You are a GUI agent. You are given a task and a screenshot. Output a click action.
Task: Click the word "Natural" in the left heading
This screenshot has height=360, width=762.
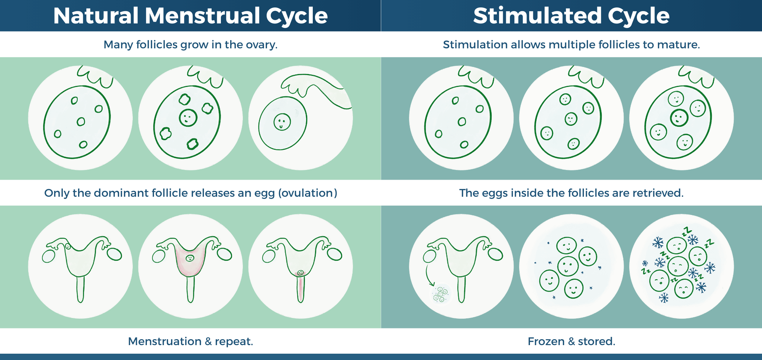(x=96, y=16)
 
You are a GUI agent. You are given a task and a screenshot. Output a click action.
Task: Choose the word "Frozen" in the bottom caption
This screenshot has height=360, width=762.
(x=546, y=341)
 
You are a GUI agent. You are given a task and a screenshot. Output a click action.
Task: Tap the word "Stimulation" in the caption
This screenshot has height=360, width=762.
(x=475, y=45)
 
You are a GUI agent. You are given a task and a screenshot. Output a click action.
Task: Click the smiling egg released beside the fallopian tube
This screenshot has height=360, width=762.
(x=282, y=122)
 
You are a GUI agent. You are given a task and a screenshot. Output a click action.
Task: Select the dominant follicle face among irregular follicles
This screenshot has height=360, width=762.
(x=188, y=118)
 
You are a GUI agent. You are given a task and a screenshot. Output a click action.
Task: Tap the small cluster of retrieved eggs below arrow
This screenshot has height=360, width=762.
(x=441, y=294)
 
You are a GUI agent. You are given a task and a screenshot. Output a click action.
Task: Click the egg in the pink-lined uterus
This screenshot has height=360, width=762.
(x=190, y=258)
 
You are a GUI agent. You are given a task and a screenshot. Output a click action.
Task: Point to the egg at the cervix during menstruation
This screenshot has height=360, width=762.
(x=300, y=273)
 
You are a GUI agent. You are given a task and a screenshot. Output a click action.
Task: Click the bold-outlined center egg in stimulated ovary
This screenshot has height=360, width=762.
(x=679, y=118)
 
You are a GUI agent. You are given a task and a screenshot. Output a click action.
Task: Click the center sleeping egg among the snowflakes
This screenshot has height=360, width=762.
(x=678, y=266)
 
